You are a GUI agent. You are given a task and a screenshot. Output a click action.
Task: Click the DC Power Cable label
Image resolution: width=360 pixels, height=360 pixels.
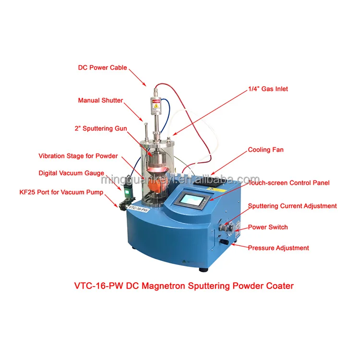[102, 68]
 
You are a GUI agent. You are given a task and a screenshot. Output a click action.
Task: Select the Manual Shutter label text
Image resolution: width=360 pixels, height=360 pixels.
[100, 101]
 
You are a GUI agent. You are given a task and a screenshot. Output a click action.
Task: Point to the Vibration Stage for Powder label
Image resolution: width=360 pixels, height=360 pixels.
[78, 156]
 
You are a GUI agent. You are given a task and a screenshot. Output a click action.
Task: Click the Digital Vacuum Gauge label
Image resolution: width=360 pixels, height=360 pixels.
[72, 173]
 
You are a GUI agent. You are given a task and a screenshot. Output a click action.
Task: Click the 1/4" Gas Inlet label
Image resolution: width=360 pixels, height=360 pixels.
[267, 89]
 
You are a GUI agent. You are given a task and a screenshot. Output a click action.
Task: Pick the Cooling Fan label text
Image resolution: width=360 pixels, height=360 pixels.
[265, 150]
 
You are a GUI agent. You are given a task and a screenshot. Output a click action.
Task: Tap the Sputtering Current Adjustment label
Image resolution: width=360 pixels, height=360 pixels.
[292, 206]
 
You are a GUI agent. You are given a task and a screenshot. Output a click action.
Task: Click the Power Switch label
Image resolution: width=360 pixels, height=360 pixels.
[268, 227]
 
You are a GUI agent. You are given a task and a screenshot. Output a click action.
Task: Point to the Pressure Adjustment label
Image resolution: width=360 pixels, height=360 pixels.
[278, 248]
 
